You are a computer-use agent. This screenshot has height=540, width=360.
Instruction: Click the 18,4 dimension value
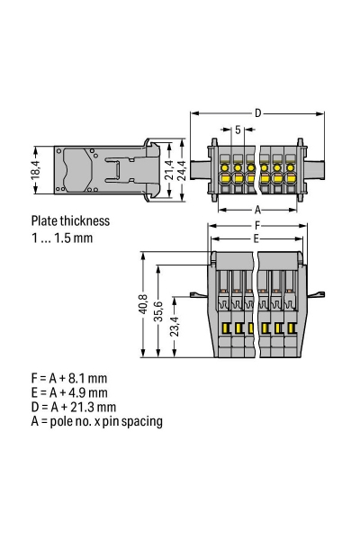[x=36, y=169]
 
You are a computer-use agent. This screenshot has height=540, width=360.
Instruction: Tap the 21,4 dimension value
[x=169, y=170]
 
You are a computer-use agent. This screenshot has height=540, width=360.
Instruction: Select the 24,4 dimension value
[x=183, y=170]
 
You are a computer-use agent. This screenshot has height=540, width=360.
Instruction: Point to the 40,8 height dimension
[x=143, y=304]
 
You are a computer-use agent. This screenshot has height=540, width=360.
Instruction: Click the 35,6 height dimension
[x=158, y=311]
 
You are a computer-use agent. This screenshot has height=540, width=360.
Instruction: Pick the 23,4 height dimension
[x=175, y=326]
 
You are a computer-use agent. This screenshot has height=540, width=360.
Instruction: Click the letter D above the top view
[x=258, y=113]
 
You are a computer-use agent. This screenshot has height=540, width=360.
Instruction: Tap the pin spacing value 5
[x=238, y=130]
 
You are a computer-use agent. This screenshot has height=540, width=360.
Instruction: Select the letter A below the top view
[x=257, y=210]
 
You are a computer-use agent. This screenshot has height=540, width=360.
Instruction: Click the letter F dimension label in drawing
[x=257, y=226]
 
